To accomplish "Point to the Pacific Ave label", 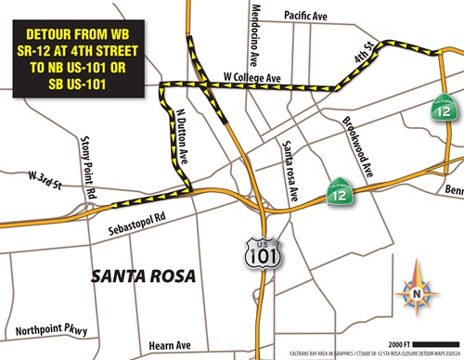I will (x=307, y=16).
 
